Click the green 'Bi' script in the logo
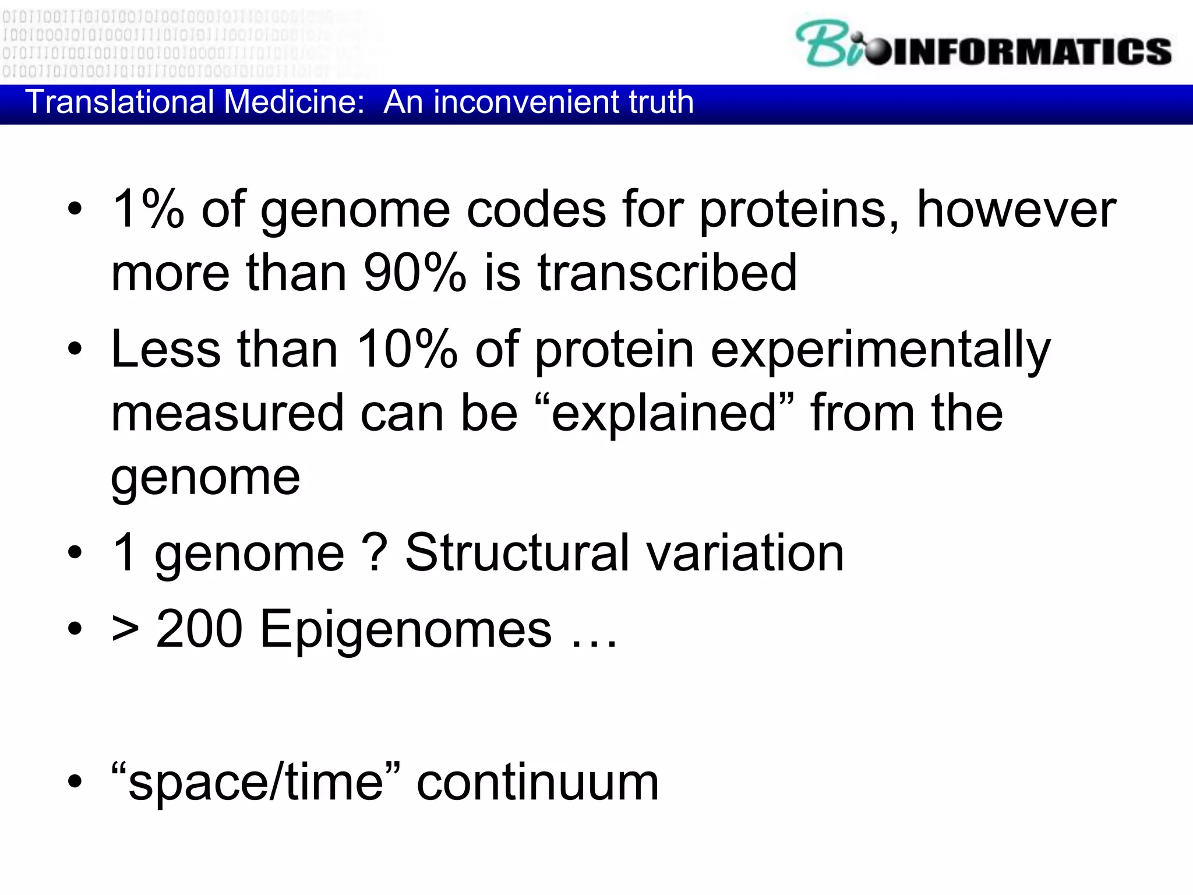click(x=827, y=44)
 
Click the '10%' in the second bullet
click(x=407, y=349)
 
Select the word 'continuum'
click(x=537, y=783)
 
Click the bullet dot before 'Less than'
click(x=75, y=349)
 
